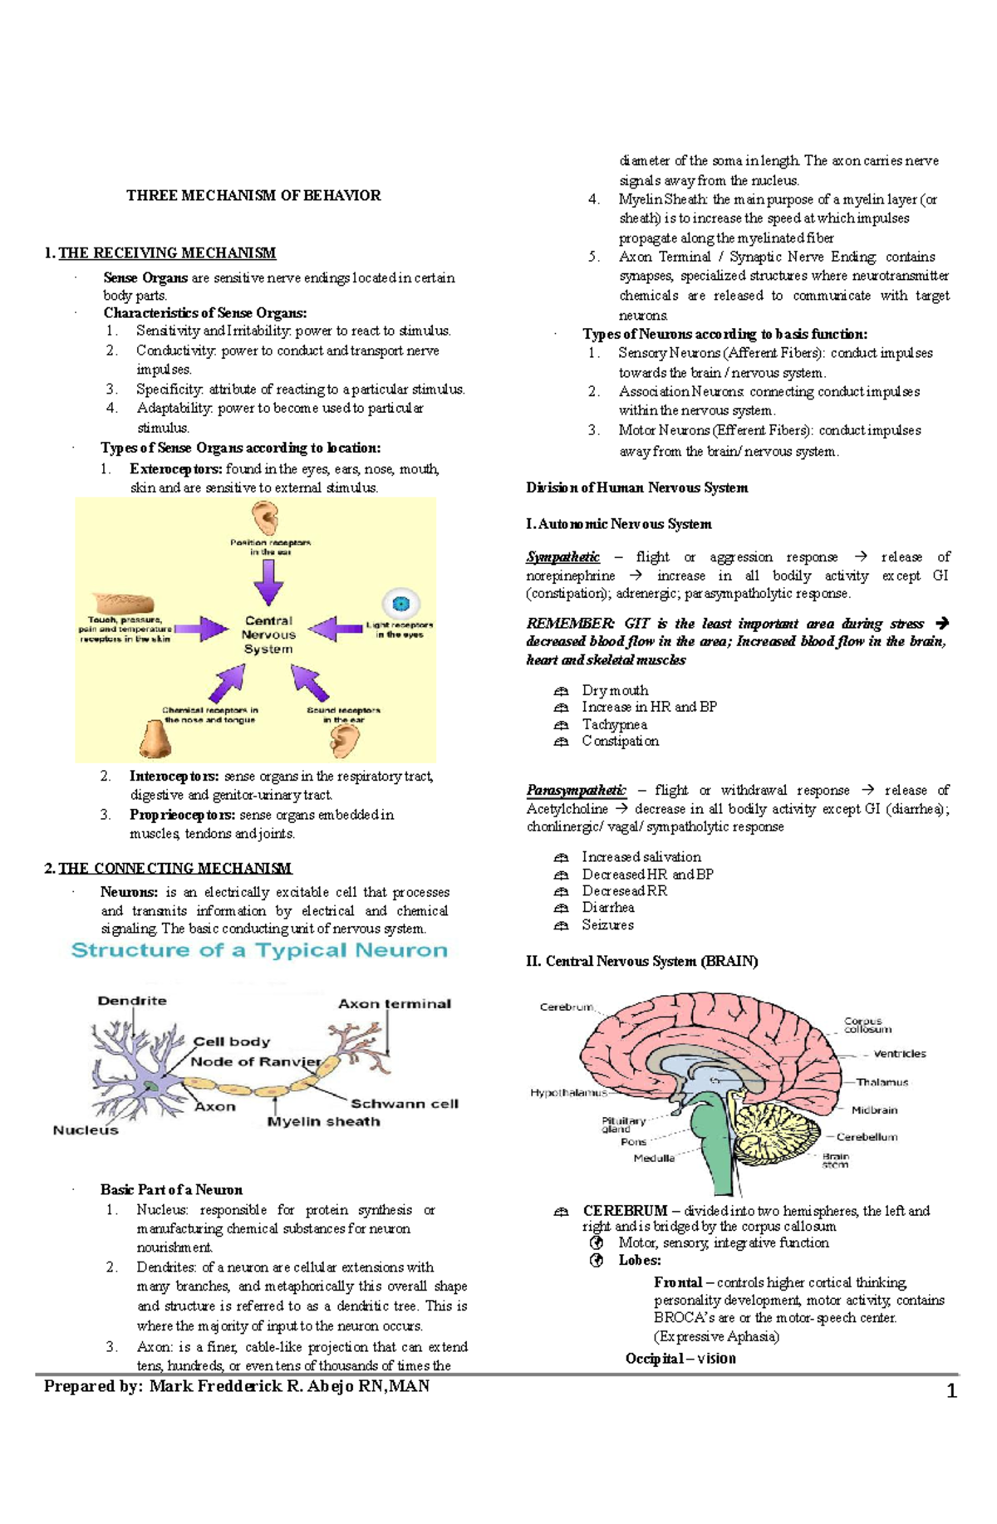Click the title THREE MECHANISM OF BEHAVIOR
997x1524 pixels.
click(253, 196)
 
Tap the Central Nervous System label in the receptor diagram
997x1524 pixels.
click(268, 635)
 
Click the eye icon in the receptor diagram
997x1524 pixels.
click(401, 604)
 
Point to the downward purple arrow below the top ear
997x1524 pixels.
click(268, 581)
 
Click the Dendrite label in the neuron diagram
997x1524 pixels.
click(132, 1001)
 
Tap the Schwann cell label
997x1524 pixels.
click(404, 1104)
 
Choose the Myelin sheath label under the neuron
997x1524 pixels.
click(323, 1122)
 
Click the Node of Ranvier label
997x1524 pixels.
click(255, 1061)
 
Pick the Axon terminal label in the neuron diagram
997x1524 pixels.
click(394, 1004)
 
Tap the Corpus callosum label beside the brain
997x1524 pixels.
click(867, 1025)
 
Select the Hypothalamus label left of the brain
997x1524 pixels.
click(568, 1093)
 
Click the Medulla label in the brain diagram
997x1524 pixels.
click(654, 1158)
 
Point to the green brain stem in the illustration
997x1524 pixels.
click(714, 1146)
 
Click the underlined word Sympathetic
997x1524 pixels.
click(562, 557)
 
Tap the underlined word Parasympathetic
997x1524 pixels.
click(576, 790)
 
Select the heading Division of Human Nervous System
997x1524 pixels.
click(636, 488)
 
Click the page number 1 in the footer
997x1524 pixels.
click(952, 1391)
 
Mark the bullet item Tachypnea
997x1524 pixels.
click(614, 725)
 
